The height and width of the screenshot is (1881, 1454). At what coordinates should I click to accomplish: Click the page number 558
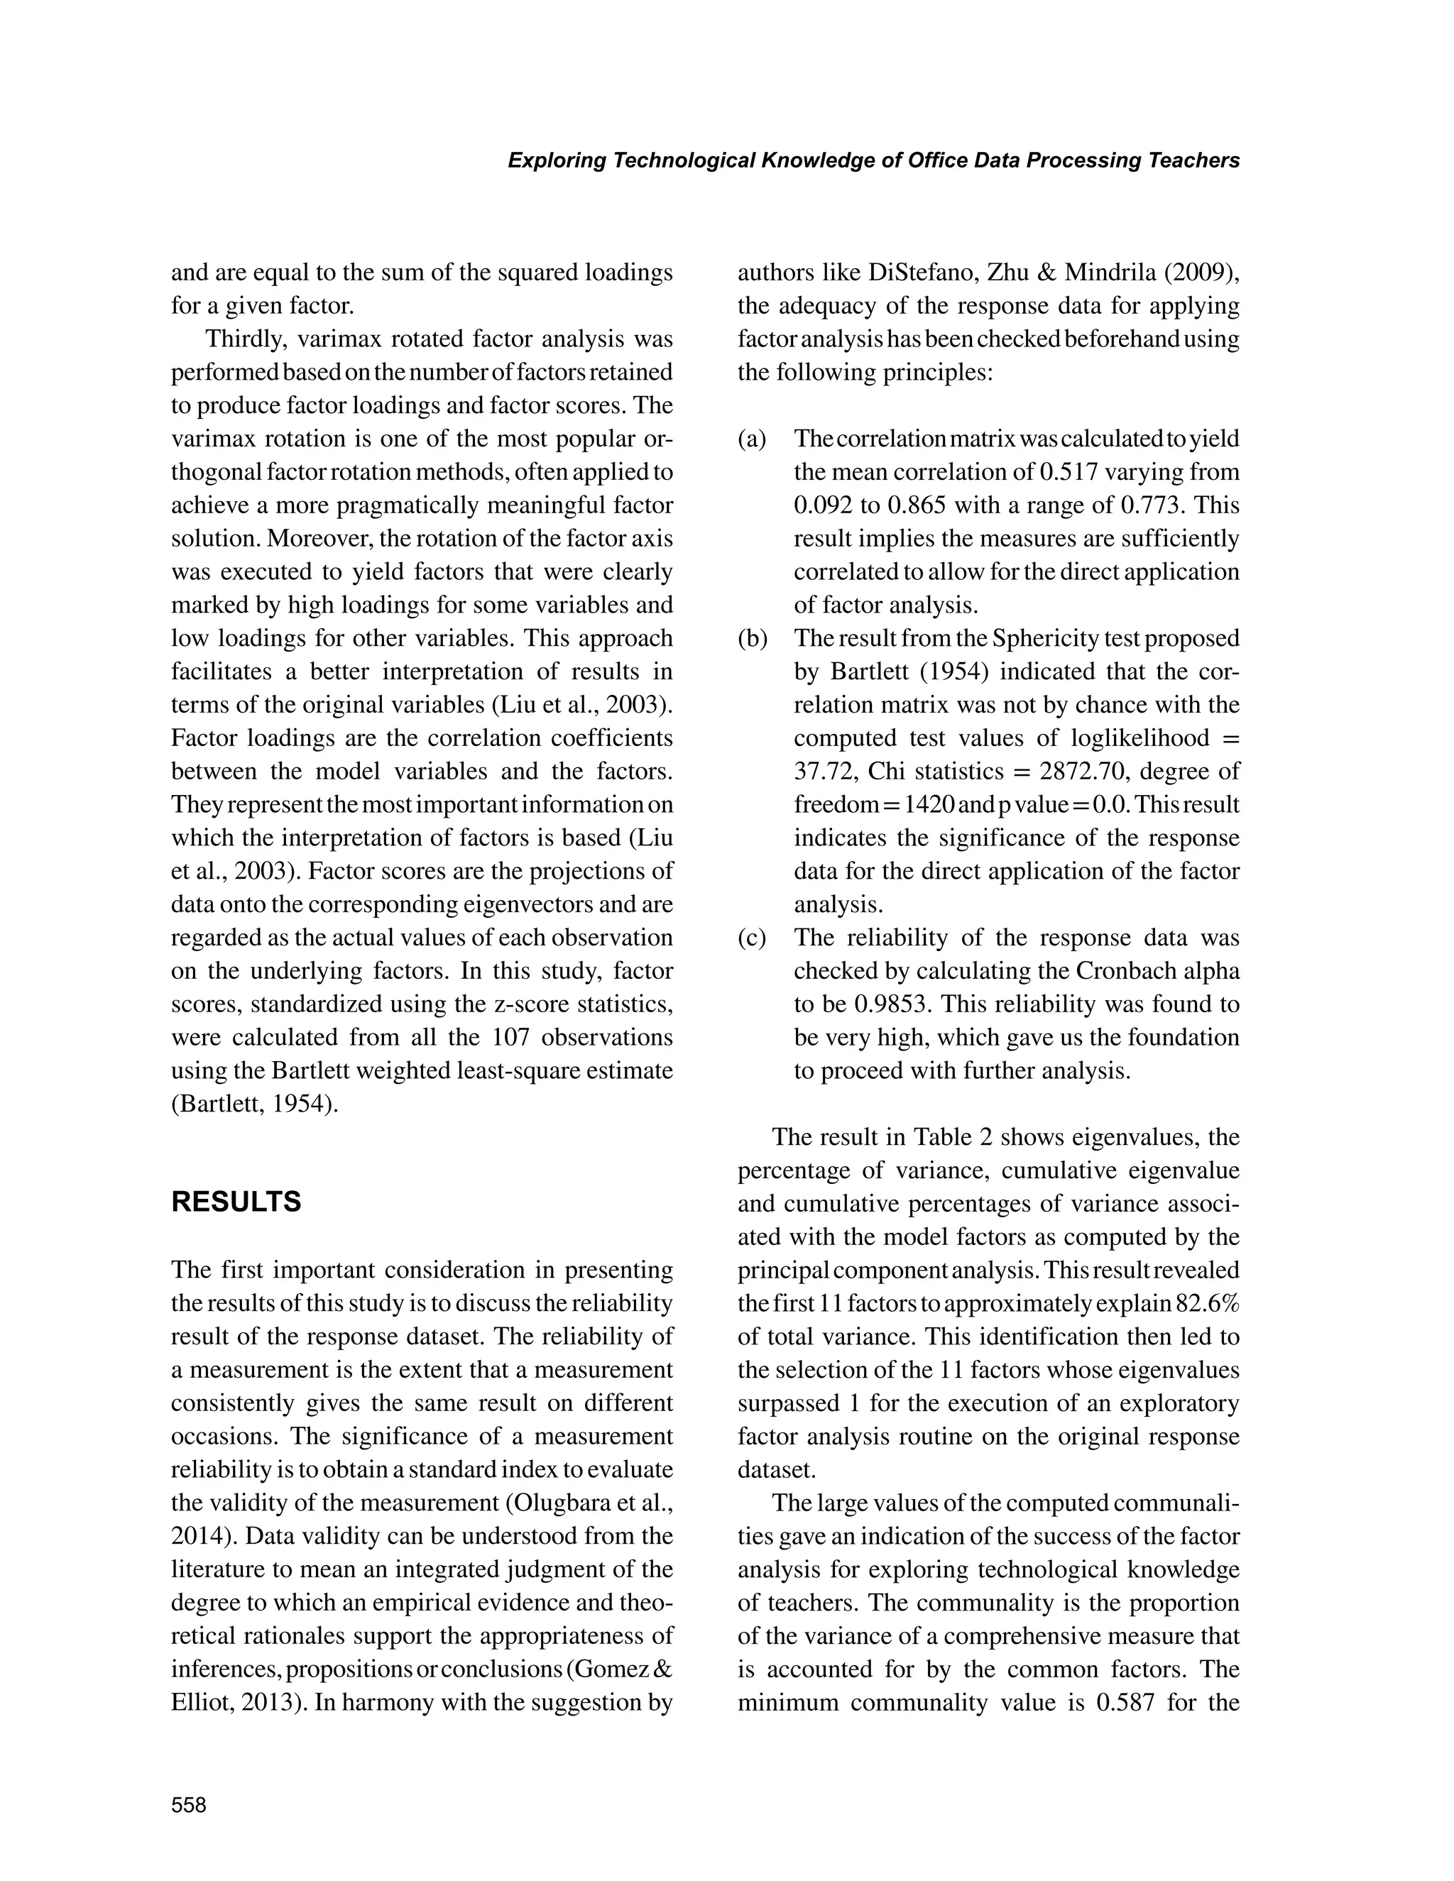(189, 1804)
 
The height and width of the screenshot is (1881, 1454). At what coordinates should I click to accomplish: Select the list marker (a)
(752, 439)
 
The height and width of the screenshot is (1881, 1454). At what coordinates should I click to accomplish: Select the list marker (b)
(753, 638)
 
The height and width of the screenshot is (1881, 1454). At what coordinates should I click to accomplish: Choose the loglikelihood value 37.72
(821, 772)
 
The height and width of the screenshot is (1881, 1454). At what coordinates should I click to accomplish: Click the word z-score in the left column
(503, 1004)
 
